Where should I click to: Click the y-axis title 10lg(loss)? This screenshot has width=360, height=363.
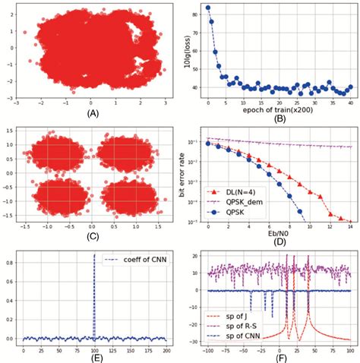pos(188,49)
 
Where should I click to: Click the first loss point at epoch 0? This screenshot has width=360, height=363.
pos(208,8)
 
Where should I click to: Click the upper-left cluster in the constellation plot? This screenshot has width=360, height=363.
pos(58,156)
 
